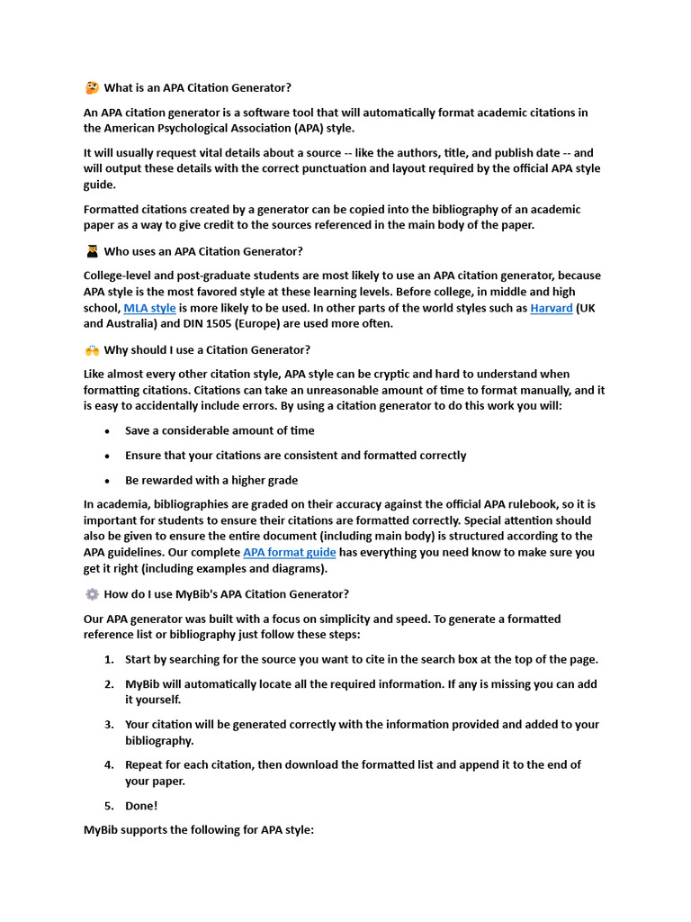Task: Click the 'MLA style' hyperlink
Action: coord(149,308)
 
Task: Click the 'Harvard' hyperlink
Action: coord(551,308)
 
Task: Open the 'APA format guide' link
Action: coord(289,552)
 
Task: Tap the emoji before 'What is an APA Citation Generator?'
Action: coord(92,88)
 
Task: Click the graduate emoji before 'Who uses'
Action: coord(92,251)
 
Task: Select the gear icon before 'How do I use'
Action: coord(92,594)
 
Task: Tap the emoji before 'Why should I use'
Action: coord(92,349)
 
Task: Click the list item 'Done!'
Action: coord(141,806)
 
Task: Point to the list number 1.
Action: coord(108,659)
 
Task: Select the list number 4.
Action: coord(108,764)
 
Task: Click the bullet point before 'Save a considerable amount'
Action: coord(107,431)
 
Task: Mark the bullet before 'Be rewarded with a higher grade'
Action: coord(107,481)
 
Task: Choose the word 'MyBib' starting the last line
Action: coord(101,830)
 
